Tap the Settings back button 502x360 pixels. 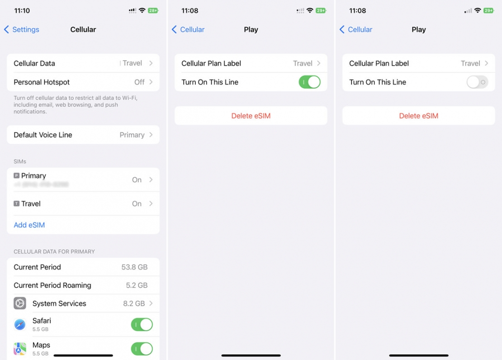pos(22,29)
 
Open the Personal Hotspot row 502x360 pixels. pos(83,82)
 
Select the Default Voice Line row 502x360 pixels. pos(83,135)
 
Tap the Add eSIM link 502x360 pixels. pos(29,225)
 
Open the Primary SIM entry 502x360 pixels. pos(83,180)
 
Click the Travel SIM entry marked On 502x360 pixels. pos(83,204)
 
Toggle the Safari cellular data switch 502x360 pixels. pos(142,324)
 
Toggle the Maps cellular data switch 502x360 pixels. pos(142,349)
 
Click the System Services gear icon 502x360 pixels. pos(20,303)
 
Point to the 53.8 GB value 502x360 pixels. pos(134,267)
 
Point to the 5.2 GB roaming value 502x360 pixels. pos(137,285)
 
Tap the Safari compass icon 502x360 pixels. pos(20,324)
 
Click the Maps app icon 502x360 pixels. pos(20,349)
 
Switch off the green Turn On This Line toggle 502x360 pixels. pos(309,82)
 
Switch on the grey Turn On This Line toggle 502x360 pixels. pos(477,82)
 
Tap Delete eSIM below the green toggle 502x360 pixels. pos(251,116)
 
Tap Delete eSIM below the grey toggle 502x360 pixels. pos(419,116)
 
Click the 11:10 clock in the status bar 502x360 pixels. pos(22,10)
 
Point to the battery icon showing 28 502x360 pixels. pos(153,10)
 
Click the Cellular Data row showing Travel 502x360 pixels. pos(83,63)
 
